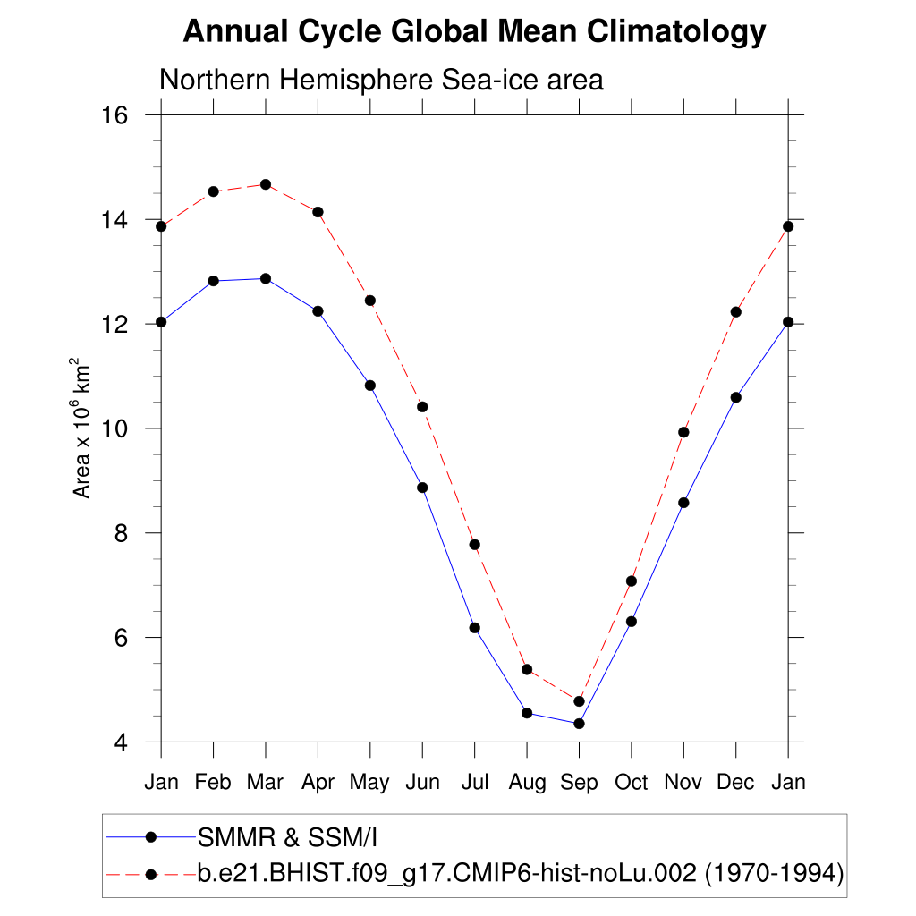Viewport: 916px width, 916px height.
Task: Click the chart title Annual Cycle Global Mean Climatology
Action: tap(474, 32)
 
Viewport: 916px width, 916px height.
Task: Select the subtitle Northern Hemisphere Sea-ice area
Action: tap(381, 80)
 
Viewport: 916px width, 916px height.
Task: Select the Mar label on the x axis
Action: tap(265, 783)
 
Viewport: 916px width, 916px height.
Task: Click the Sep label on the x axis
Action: tap(579, 783)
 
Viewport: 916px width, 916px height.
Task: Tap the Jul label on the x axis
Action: tap(474, 783)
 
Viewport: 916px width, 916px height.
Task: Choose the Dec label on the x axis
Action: tap(735, 783)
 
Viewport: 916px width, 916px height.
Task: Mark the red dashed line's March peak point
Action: tap(266, 184)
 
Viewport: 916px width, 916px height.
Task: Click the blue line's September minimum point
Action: tap(579, 724)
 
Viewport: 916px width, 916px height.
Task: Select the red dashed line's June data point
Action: tap(422, 407)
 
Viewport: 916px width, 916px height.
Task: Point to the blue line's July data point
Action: tap(474, 628)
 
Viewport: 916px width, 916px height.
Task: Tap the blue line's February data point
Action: tap(213, 281)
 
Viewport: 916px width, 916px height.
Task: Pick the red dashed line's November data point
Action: tap(683, 432)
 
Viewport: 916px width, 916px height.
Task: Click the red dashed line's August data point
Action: tap(527, 669)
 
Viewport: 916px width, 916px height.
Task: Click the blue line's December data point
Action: tap(735, 397)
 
